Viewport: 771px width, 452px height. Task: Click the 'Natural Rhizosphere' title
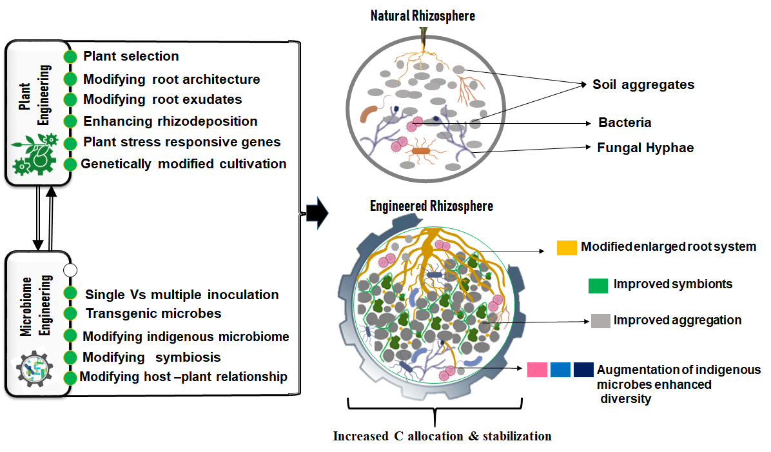click(422, 15)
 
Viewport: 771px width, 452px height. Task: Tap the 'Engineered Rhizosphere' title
click(431, 206)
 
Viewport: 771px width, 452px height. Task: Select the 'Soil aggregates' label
click(643, 84)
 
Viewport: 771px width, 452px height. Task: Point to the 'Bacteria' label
click(625, 123)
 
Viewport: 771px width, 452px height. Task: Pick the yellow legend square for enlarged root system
click(567, 248)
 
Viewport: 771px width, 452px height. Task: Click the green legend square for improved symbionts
click(598, 285)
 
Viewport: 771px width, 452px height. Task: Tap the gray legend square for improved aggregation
click(600, 320)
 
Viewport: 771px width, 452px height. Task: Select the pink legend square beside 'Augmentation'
click(537, 369)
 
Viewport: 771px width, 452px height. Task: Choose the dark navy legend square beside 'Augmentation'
click(583, 369)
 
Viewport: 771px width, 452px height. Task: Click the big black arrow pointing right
click(317, 213)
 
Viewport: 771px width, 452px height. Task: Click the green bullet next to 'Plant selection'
click(71, 57)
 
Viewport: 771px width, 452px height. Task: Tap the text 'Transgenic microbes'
click(153, 313)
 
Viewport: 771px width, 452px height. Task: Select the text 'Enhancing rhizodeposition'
click(170, 121)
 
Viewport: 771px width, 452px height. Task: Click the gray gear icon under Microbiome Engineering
click(32, 369)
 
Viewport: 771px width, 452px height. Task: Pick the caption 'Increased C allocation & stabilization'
click(442, 437)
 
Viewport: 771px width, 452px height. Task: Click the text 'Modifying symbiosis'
click(152, 357)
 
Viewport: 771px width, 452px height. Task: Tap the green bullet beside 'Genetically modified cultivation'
click(70, 164)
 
